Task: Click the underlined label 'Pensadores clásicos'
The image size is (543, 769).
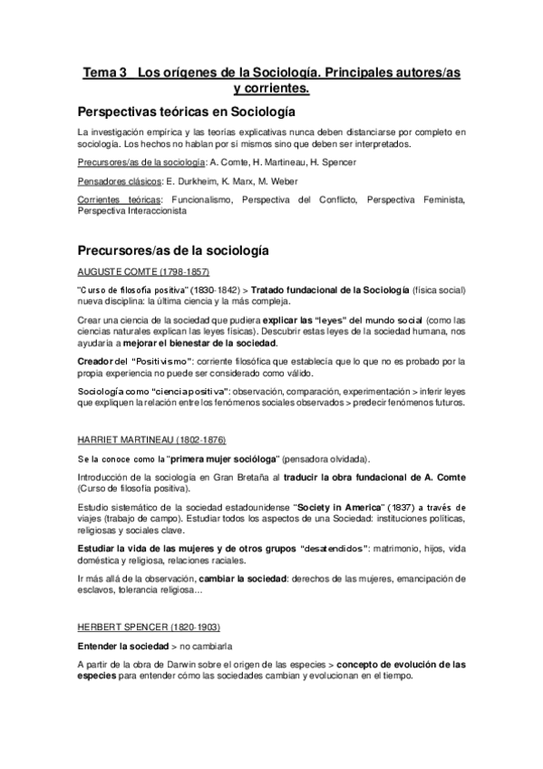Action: (113, 181)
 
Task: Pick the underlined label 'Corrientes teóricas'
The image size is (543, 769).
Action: (115, 200)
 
